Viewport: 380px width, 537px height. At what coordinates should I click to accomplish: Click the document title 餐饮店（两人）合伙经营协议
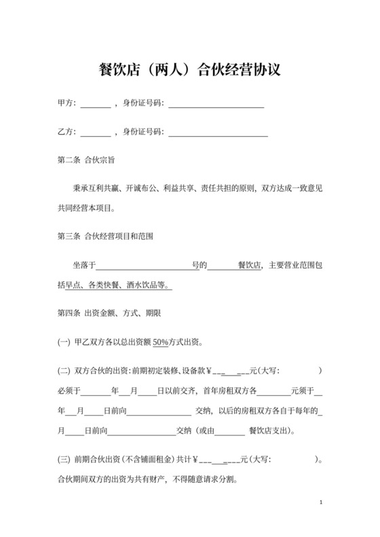(x=190, y=70)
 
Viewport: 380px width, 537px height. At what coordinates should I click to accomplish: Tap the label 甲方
(x=65, y=104)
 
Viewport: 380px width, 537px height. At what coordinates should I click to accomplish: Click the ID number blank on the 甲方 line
(x=216, y=105)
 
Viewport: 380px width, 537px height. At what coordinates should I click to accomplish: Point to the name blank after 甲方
(x=95, y=105)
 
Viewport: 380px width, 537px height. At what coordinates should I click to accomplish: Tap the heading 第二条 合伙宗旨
(x=86, y=161)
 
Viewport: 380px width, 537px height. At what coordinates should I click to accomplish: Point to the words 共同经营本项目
(x=89, y=208)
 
